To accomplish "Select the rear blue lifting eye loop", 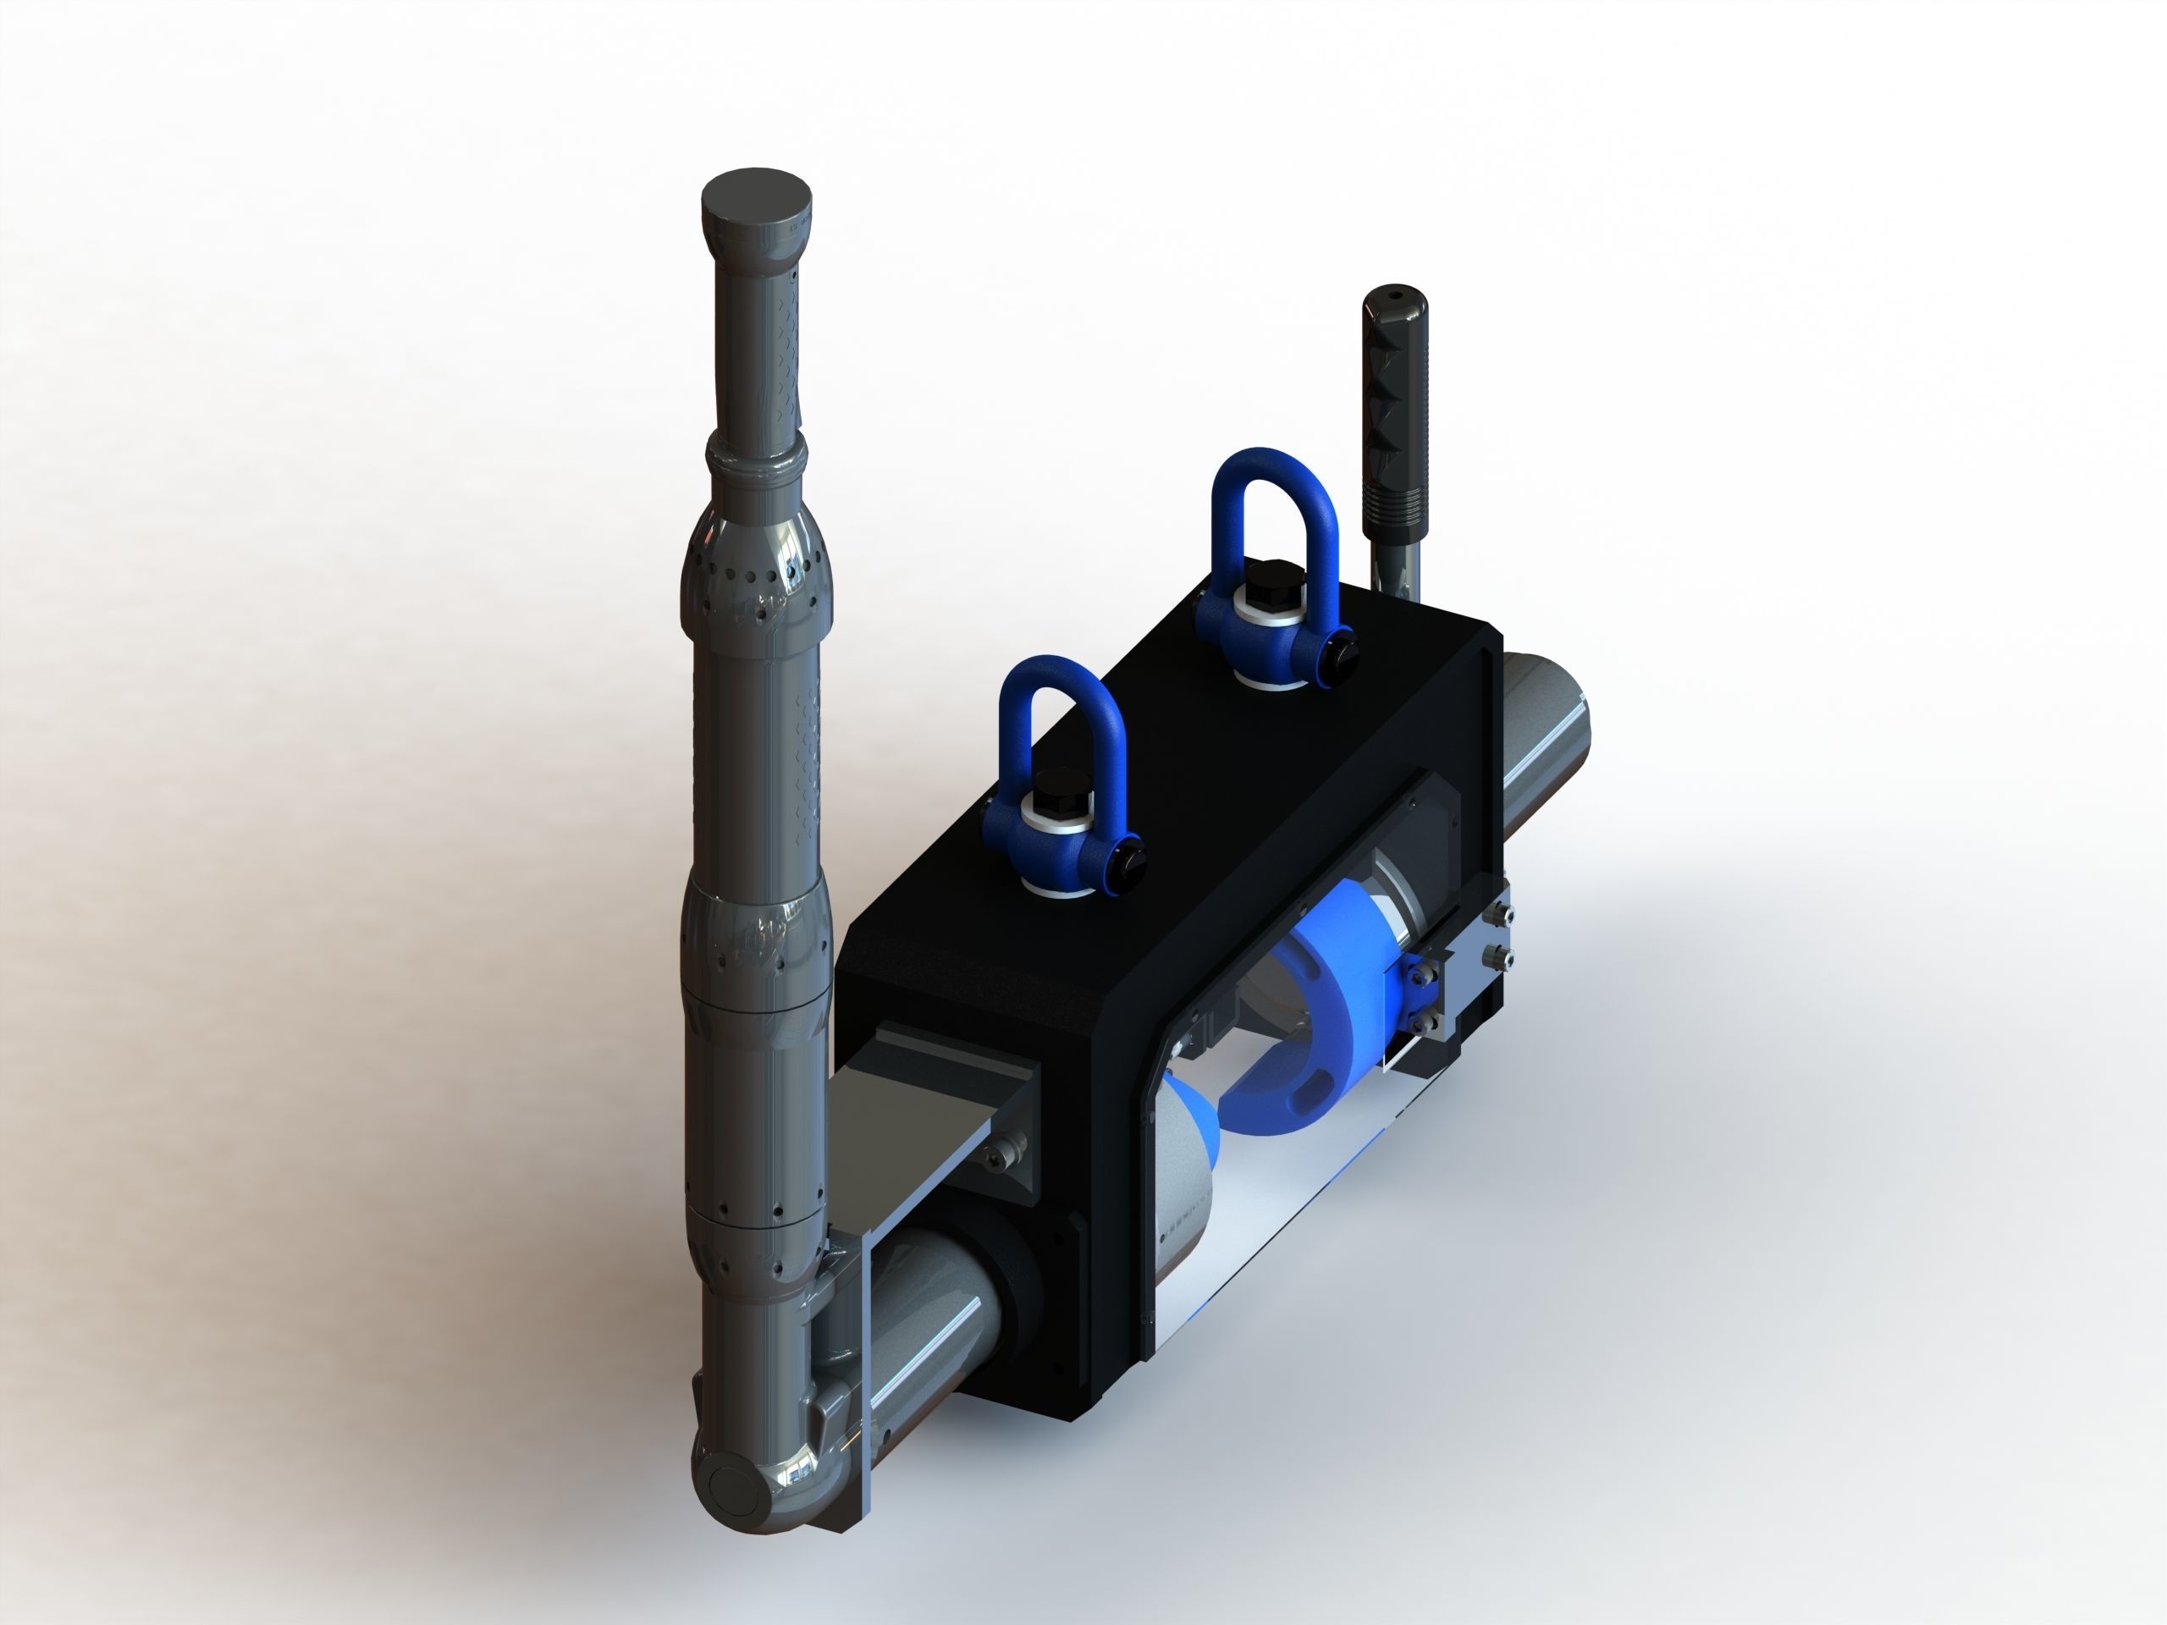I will click(x=1274, y=490).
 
